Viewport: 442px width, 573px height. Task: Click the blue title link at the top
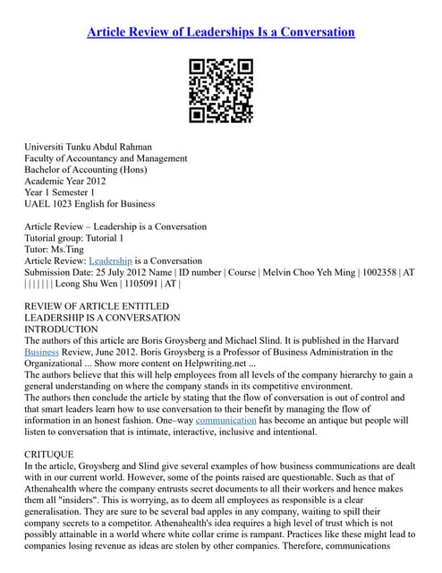coord(221,32)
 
